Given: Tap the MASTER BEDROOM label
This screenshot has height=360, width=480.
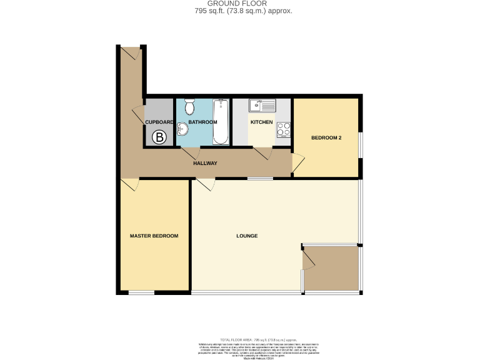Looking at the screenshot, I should (x=154, y=236).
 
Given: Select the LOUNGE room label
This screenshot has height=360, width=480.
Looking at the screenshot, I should (x=247, y=236).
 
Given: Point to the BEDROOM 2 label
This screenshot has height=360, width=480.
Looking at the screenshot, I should (x=326, y=137).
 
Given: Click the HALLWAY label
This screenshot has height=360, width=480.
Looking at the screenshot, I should (x=205, y=163).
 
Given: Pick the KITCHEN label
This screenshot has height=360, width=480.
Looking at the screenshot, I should (x=261, y=122).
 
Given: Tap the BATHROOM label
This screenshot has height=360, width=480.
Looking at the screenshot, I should (x=202, y=122).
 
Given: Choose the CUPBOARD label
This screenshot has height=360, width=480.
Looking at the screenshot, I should (x=159, y=122).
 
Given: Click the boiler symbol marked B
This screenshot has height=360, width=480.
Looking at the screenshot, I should (x=160, y=137).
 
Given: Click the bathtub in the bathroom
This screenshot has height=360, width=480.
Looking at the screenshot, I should (x=221, y=122).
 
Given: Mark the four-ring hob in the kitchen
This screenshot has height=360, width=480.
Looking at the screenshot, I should (x=284, y=129).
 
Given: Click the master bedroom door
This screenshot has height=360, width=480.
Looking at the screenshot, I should (x=129, y=185).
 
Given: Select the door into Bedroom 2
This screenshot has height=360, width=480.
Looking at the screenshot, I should (x=298, y=164).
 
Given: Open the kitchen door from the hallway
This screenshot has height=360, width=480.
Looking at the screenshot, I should (x=262, y=153).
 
